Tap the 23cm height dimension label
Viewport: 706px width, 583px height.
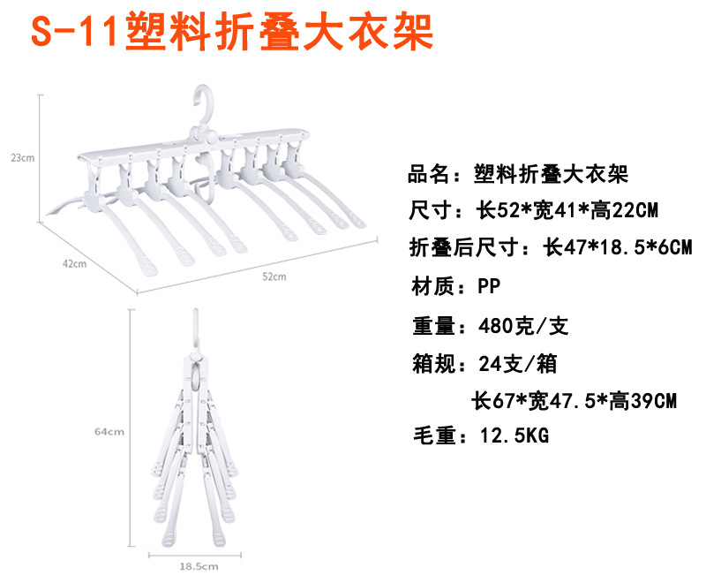tap(23, 158)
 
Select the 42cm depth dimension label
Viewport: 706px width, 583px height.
tap(74, 262)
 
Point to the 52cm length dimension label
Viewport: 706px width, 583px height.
tap(274, 276)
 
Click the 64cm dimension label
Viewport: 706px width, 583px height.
tap(109, 432)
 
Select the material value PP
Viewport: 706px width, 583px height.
tap(490, 286)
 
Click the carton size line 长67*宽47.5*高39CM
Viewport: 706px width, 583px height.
tap(575, 400)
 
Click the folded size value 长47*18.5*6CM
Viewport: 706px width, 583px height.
tap(617, 247)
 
